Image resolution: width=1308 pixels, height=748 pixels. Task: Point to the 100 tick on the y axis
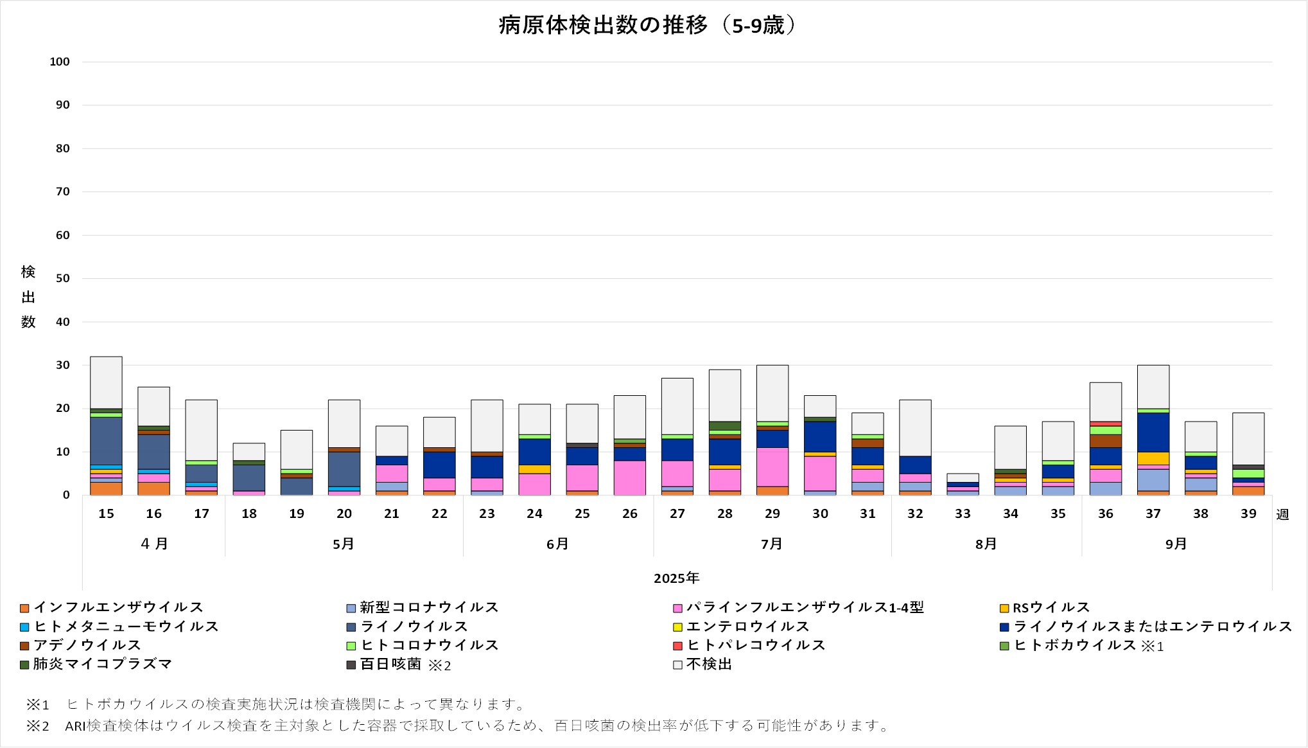point(60,62)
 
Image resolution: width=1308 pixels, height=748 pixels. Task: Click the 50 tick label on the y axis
point(62,278)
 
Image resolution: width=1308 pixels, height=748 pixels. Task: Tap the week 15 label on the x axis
point(106,513)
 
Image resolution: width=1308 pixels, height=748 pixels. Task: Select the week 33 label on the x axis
point(963,513)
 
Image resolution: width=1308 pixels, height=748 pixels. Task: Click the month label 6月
point(557,544)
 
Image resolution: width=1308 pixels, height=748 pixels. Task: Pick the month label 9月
point(1176,544)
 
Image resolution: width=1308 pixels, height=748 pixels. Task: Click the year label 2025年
point(676,578)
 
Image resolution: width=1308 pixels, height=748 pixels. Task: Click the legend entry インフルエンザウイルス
point(118,607)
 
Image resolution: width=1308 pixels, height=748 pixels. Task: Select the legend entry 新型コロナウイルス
point(429,607)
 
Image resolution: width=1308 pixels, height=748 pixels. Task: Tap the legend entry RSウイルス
point(1051,607)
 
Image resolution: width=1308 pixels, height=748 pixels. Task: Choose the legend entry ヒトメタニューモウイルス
point(126,627)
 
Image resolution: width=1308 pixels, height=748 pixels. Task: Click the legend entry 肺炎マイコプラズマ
point(103,664)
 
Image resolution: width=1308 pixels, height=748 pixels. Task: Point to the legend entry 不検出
point(709,664)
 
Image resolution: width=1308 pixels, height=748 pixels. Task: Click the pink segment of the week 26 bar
point(629,477)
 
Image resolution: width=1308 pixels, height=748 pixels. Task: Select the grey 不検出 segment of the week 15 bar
point(106,382)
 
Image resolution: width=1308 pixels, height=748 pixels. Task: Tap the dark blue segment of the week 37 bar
point(1153,432)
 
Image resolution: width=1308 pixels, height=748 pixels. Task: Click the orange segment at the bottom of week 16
point(153,488)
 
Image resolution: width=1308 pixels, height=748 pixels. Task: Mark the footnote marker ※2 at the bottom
point(37,726)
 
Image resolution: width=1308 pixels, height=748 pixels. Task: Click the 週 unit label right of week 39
point(1282,514)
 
